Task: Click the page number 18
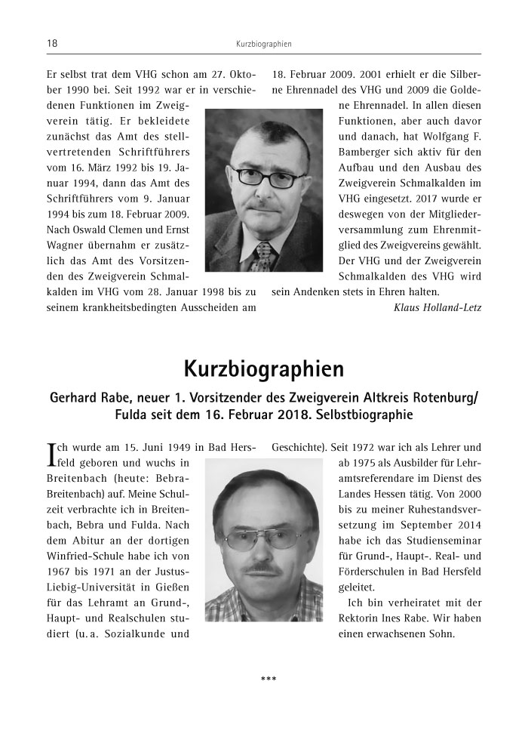click(52, 44)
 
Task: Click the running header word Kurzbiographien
click(263, 45)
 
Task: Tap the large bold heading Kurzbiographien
click(263, 369)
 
